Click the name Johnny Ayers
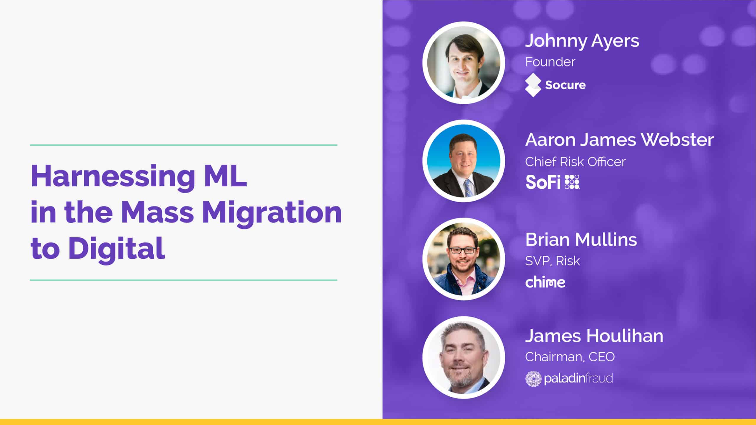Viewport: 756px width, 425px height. [582, 41]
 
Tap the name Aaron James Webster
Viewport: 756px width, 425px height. [620, 140]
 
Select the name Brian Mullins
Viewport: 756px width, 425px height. [581, 239]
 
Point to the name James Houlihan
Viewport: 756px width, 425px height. [594, 336]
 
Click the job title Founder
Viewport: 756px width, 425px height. [550, 62]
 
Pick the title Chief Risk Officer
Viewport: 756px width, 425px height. [575, 162]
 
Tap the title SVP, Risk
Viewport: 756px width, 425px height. [553, 261]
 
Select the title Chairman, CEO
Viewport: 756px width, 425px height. [570, 357]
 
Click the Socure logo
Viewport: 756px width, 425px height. [555, 85]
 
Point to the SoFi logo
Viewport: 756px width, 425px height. [553, 182]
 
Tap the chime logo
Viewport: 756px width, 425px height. [545, 282]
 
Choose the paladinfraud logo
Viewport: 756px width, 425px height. [569, 378]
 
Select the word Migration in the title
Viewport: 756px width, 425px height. [272, 213]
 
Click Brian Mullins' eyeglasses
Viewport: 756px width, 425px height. [462, 251]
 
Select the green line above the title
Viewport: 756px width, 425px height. [183, 145]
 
